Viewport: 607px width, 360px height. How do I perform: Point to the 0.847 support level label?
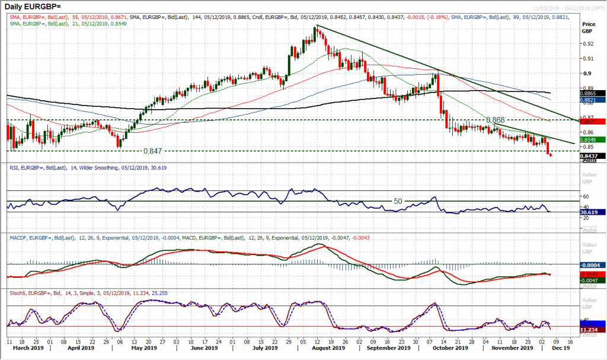coord(153,151)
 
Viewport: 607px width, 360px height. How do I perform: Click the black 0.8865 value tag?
coord(592,93)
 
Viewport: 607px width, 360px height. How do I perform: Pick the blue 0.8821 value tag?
coord(592,100)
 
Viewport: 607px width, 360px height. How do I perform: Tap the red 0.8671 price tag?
coord(592,122)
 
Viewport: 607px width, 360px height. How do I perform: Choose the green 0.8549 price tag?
coord(592,139)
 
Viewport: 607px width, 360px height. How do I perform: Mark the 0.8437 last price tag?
coord(592,156)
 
